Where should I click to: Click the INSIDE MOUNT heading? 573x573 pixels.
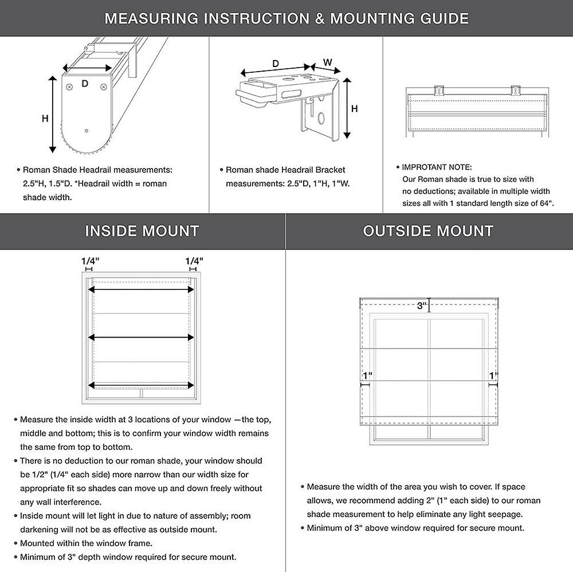pos(142,231)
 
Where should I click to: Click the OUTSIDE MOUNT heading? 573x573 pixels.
pos(428,231)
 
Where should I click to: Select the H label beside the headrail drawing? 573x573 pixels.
pos(45,119)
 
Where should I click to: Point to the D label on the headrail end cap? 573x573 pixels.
pos(85,84)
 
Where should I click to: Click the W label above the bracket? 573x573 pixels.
pos(327,62)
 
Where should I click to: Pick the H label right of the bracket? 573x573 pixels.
pos(355,108)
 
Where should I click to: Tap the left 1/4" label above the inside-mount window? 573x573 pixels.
pos(90,261)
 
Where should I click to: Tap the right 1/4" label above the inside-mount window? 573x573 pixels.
pos(194,261)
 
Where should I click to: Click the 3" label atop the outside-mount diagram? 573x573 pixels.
pos(422,306)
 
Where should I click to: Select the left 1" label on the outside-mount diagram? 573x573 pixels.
pos(367,376)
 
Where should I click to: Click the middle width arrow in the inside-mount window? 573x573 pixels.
pos(141,338)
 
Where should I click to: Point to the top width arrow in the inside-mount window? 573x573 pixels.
pos(141,290)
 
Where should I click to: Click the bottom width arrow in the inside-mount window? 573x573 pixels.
pos(141,384)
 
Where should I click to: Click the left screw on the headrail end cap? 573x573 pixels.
pos(69,87)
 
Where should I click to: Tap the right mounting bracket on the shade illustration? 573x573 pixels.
pos(515,91)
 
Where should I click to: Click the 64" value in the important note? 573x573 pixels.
pos(546,203)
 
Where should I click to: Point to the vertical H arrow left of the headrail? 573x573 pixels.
pos(53,115)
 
